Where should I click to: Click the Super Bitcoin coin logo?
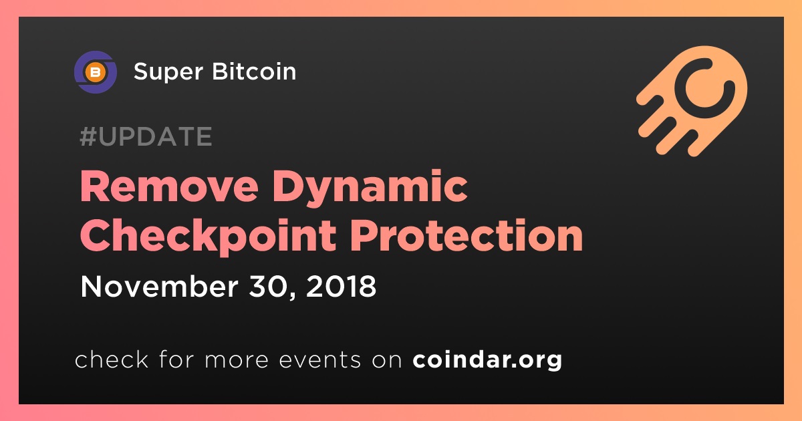[95, 72]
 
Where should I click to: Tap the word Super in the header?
[168, 72]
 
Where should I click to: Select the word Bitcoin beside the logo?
[254, 71]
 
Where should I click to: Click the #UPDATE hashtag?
[146, 136]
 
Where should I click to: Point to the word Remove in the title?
[169, 187]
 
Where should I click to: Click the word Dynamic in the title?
[370, 188]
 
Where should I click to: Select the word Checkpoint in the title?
[208, 237]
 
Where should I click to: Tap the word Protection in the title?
[467, 235]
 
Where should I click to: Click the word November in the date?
[159, 286]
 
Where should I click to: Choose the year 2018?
[342, 287]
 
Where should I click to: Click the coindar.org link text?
[487, 360]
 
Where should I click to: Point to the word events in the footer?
[319, 360]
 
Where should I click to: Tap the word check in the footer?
[112, 359]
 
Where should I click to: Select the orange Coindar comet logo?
[692, 101]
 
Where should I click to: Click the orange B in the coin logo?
[95, 73]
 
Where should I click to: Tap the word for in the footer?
[176, 359]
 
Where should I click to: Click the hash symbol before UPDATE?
[88, 136]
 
